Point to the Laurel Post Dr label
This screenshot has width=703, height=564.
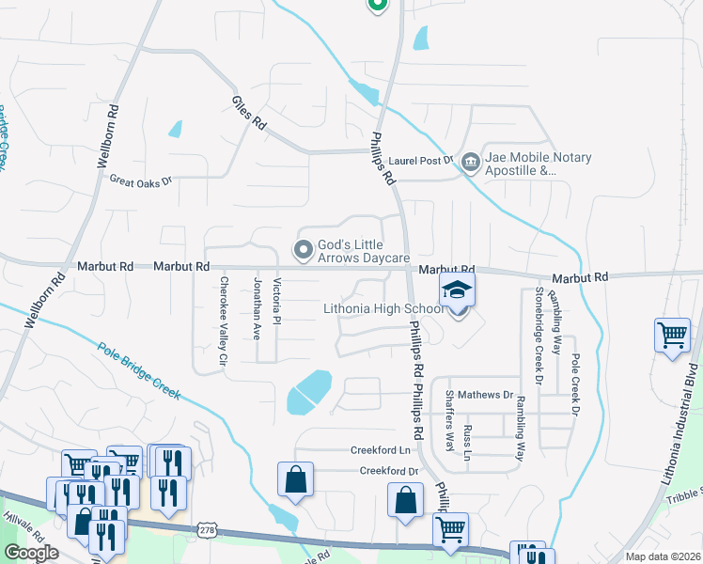pos(422,161)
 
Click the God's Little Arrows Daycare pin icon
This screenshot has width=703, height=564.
pos(303,250)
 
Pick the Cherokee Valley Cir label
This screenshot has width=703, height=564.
pos(224,321)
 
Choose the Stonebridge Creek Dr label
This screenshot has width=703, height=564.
pos(539,336)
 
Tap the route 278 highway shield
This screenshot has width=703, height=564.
pos(207,531)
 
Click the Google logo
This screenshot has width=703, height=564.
pos(32,553)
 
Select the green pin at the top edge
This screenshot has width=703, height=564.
pos(377,5)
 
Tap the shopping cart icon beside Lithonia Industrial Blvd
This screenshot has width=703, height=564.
pos(673,336)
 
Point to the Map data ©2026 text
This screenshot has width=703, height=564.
pos(662,556)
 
